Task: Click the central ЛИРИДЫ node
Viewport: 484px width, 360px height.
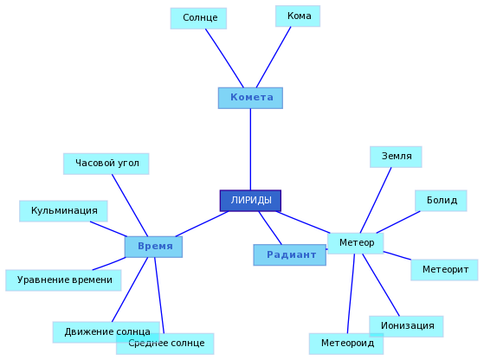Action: coord(250,201)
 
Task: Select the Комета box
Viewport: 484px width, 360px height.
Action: coord(250,98)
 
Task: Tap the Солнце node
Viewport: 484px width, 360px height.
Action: coord(198,18)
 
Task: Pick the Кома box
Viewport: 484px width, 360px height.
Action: coord(298,16)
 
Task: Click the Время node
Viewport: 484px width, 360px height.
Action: coord(153,247)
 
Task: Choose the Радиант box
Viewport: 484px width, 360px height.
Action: coord(289,254)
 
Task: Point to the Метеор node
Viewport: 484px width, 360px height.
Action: coord(355,243)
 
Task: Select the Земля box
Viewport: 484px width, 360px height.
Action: coord(396,157)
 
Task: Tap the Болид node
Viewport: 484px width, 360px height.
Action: coord(441,201)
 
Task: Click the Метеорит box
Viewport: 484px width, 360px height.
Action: coord(444,270)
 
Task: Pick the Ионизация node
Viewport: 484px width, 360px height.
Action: coord(406,326)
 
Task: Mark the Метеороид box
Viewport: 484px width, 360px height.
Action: coord(346,344)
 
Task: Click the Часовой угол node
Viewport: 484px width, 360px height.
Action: coord(106,164)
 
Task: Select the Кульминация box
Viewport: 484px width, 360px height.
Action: coord(63,211)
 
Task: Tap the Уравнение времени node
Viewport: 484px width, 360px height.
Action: coord(63,280)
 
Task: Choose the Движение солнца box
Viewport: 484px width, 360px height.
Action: coord(106,332)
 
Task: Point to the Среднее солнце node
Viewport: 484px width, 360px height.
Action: coord(165,344)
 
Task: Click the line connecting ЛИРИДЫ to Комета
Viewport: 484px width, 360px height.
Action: coord(250,150)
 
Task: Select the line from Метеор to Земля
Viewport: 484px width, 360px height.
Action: coord(376,200)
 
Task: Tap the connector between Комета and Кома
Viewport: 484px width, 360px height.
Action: coord(274,57)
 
